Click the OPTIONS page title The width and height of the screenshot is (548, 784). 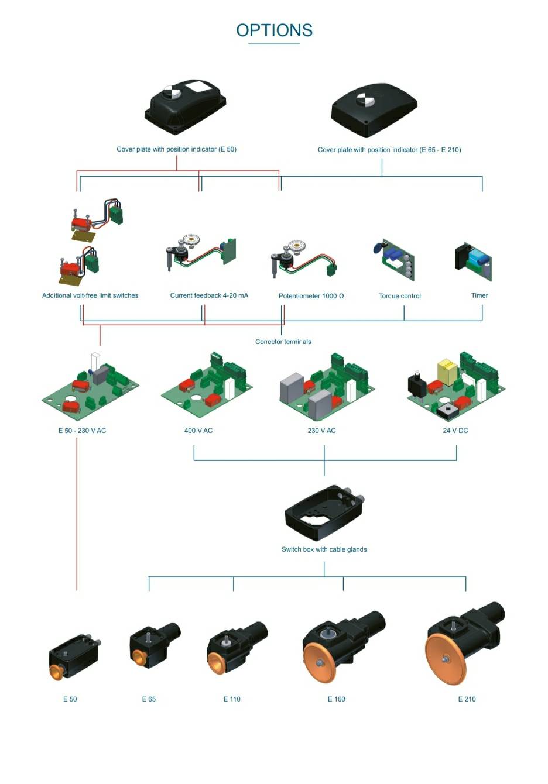(274, 30)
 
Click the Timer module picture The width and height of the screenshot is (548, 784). (474, 261)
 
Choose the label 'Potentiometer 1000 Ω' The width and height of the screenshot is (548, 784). (311, 296)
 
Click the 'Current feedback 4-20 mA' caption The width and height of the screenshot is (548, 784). (209, 295)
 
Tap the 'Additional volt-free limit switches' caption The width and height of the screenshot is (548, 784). (90, 295)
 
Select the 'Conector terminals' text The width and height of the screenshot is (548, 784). (283, 342)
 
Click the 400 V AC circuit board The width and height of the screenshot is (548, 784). (207, 386)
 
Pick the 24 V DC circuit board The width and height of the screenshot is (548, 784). (457, 386)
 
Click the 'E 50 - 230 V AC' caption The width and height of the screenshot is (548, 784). (82, 431)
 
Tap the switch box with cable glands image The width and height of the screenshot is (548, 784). (324, 513)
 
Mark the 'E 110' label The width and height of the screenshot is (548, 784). (232, 699)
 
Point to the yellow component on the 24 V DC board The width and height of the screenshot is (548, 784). (447, 372)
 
